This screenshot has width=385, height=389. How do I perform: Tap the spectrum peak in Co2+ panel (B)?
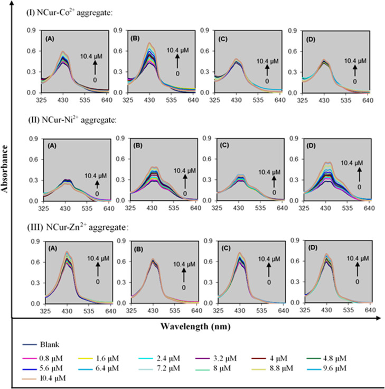click(151, 43)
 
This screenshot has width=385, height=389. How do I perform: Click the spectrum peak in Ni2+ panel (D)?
click(328, 162)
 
